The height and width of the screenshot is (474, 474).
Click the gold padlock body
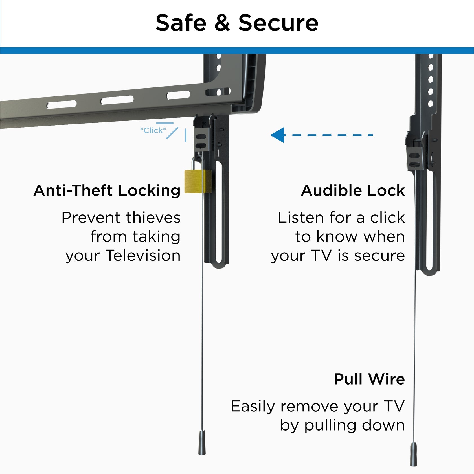197,181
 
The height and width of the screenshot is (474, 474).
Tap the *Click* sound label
153,130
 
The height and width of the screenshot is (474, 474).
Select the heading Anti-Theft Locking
107,190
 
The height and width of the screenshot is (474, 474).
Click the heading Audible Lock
353,190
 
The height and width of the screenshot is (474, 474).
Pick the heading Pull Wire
369,379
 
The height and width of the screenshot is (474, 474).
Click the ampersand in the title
222,23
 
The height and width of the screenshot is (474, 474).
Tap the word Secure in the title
278,23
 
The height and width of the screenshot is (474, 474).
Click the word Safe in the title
181,23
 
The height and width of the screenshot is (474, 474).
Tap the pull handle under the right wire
413,458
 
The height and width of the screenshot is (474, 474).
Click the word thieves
153,218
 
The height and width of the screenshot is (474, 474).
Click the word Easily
253,407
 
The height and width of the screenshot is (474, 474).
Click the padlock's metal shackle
194,163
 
